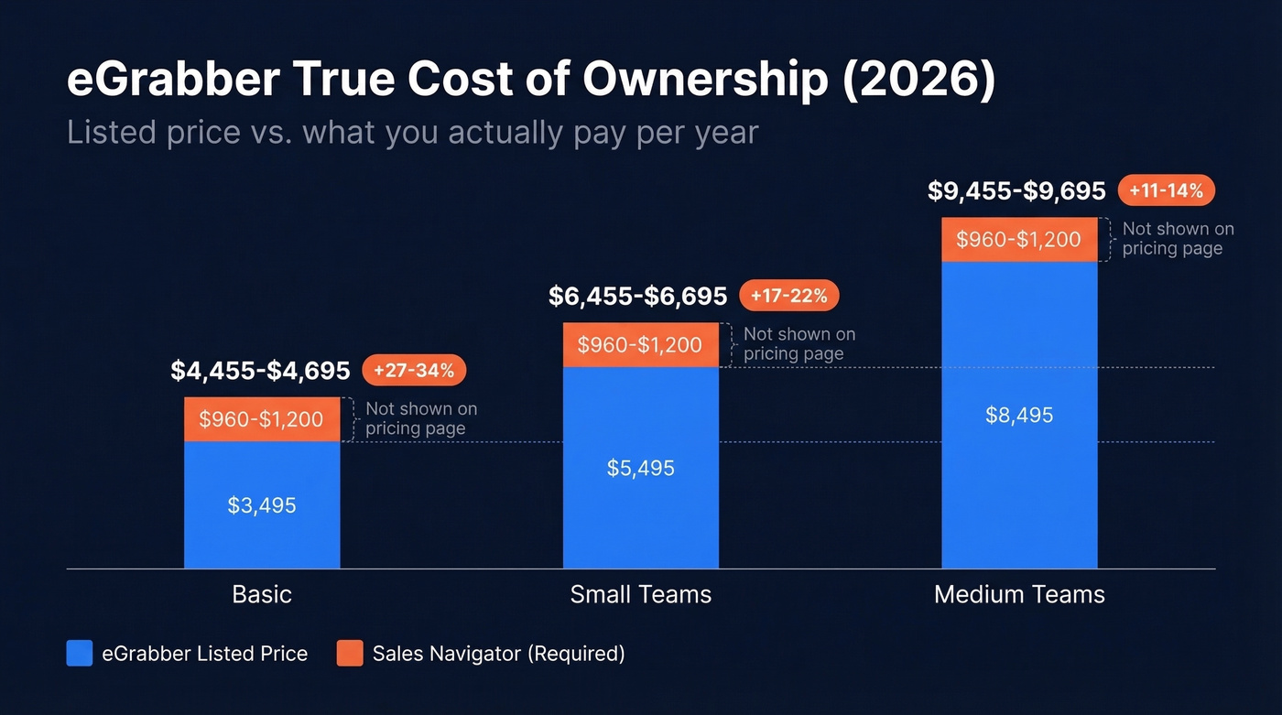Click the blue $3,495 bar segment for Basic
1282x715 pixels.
(x=262, y=504)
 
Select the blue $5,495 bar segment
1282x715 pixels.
(x=641, y=468)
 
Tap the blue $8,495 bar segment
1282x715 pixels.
(x=1019, y=415)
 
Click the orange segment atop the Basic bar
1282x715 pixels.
(x=262, y=419)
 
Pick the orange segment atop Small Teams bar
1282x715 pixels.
(x=641, y=345)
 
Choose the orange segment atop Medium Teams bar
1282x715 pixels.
(x=1019, y=240)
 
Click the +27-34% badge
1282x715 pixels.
(x=415, y=370)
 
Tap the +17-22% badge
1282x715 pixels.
(x=788, y=296)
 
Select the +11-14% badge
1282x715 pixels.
(x=1167, y=190)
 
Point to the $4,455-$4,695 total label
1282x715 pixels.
(x=260, y=371)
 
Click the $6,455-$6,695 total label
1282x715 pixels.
(x=638, y=297)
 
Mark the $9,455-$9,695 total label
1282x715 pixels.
(x=1016, y=190)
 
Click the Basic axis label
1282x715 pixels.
(x=262, y=594)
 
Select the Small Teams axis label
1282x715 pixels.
(x=641, y=594)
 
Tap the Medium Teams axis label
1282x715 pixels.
(x=1019, y=594)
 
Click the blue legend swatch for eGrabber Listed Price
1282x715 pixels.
(x=80, y=654)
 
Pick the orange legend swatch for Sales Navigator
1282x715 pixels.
(x=350, y=654)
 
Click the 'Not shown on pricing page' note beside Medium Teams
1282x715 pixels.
(x=1178, y=239)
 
